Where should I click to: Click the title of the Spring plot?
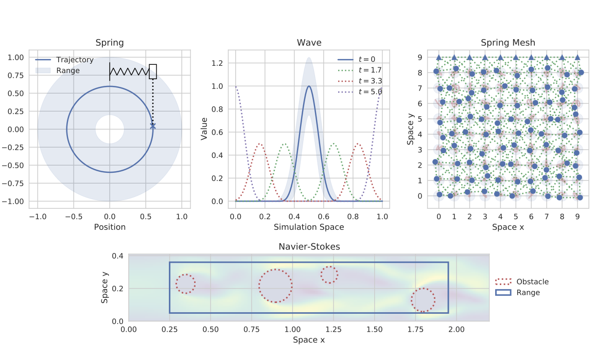[110, 43]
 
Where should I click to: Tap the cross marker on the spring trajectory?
[153, 125]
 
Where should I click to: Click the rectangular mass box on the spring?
[153, 71]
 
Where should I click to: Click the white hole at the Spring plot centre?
[110, 129]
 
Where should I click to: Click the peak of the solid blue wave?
[309, 86]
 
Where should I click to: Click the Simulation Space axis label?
[309, 226]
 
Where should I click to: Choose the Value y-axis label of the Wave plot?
[204, 129]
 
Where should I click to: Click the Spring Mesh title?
[507, 43]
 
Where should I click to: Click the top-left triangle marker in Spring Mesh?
[439, 58]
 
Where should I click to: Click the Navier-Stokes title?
[309, 247]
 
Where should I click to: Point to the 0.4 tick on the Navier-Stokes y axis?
[118, 256]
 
